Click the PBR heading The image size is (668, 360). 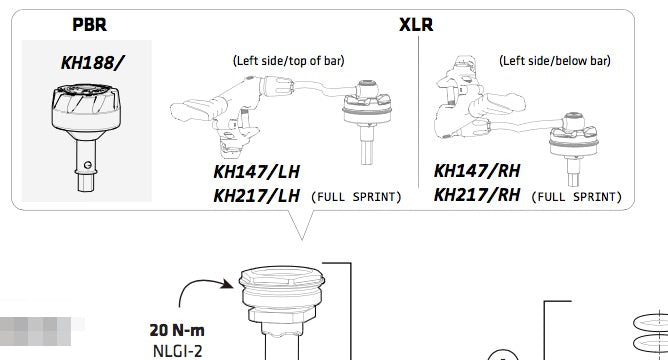89,24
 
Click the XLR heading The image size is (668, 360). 416,24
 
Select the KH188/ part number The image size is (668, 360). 92,63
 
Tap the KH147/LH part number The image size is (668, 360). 256,172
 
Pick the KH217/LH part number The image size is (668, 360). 256,196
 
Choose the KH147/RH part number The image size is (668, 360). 477,171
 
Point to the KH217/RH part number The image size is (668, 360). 477,195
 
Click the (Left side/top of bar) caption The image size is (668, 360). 288,60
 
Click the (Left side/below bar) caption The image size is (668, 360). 555,60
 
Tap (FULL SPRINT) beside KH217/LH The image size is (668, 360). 356,197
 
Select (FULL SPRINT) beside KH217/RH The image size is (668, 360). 576,197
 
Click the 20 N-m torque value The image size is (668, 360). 177,330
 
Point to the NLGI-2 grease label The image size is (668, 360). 177,351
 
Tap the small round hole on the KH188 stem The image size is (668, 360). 88,165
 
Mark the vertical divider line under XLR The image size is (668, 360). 418,112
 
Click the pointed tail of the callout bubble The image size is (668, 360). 302,240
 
